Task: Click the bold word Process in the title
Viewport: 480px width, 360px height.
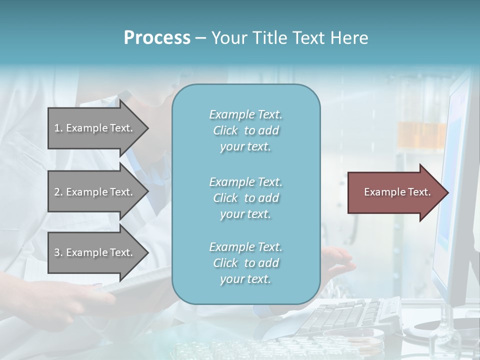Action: pos(157,38)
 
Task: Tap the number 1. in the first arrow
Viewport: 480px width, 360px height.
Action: pos(58,128)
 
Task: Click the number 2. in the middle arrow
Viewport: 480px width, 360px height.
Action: pos(58,192)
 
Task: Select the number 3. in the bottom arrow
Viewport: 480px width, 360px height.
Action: pos(58,252)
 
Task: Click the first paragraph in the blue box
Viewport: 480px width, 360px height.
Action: pos(245,130)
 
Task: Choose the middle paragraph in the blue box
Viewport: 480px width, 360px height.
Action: pos(245,198)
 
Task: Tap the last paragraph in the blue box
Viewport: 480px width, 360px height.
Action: pos(245,263)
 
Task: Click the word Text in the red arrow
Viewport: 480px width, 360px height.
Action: pos(419,192)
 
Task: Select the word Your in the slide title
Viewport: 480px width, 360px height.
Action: pos(228,38)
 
